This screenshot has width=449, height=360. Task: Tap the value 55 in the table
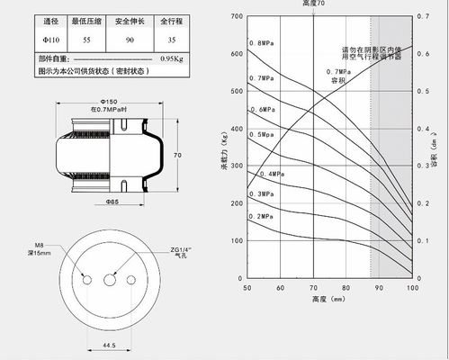click(x=86, y=40)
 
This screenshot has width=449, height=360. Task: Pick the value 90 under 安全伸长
click(x=130, y=40)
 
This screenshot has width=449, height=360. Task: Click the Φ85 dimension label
click(x=112, y=202)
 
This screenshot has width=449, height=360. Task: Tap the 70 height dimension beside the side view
click(x=177, y=156)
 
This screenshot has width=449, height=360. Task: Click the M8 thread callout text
click(x=40, y=245)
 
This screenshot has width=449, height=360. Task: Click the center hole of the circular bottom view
click(x=110, y=279)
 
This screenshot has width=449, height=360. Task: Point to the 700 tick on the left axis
click(x=236, y=17)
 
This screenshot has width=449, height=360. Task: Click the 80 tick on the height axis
click(x=346, y=287)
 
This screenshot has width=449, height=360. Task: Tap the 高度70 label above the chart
click(x=313, y=4)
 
